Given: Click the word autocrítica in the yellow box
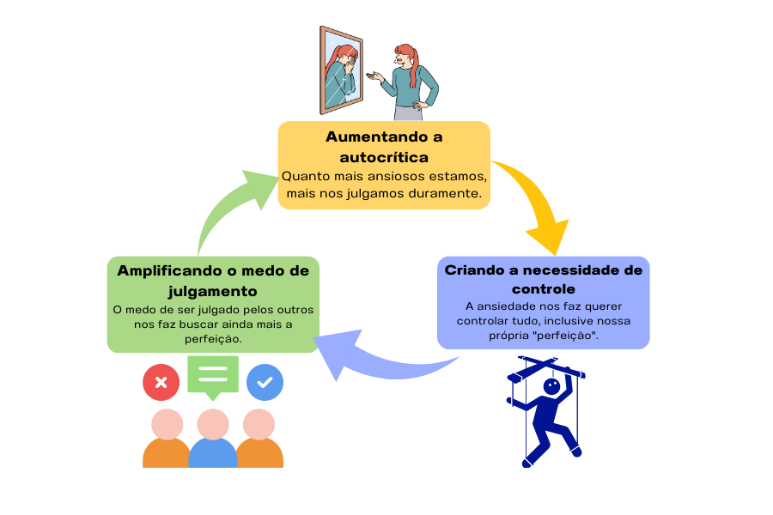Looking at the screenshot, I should click(x=383, y=157).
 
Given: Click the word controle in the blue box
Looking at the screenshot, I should click(x=543, y=288).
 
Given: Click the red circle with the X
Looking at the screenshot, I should click(x=161, y=383).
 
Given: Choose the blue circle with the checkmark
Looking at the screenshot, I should click(x=265, y=383).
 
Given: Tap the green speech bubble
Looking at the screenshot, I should click(x=212, y=376).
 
